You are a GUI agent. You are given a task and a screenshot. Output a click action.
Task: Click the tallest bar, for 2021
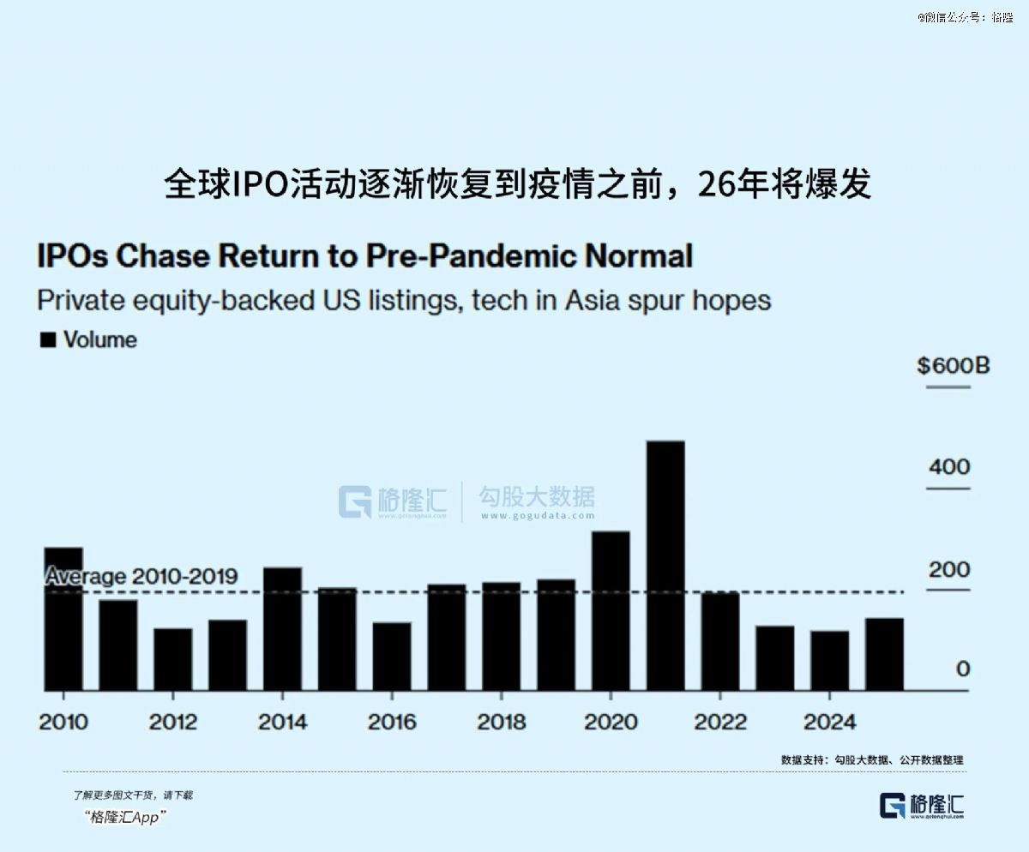pos(665,566)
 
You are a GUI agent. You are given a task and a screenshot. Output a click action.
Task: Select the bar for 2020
pos(611,610)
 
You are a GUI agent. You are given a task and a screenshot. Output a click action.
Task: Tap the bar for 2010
pos(63,619)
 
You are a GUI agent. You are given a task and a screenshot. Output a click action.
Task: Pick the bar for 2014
pos(282,628)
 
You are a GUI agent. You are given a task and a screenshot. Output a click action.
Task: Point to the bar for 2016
pos(392,656)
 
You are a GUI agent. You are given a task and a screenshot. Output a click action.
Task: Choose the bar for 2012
pos(173,659)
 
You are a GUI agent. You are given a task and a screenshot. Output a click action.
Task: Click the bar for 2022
pos(720,641)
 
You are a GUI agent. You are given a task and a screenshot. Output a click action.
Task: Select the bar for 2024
pos(830,660)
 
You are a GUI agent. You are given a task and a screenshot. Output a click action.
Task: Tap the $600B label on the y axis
pos(953,366)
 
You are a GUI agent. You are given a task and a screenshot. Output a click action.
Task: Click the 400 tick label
pos(949,467)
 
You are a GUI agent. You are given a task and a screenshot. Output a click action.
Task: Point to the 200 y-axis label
pos(949,569)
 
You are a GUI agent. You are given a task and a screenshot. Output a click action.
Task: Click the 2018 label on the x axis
pos(502,722)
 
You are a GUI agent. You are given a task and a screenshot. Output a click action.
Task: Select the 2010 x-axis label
pos(63,722)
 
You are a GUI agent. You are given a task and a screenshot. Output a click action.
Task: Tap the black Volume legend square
pos(49,340)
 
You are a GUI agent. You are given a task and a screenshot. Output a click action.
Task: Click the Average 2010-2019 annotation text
pos(141,576)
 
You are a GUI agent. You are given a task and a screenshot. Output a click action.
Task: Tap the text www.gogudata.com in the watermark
pos(537,516)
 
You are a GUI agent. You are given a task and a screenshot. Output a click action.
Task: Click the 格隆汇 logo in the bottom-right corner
pos(922,806)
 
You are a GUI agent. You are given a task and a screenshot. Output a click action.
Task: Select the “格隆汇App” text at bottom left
pos(126,817)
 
